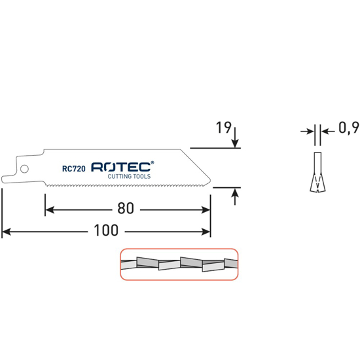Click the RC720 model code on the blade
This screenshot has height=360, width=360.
click(75, 168)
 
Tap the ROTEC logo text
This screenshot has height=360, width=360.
click(120, 167)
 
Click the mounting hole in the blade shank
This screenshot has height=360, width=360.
click(24, 169)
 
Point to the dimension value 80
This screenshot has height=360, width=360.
click(126, 209)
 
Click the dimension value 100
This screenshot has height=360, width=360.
click(105, 231)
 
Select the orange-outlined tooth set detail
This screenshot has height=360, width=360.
click(178, 264)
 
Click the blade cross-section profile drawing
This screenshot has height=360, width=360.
click(316, 171)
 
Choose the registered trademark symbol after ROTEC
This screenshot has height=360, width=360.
click(153, 162)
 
